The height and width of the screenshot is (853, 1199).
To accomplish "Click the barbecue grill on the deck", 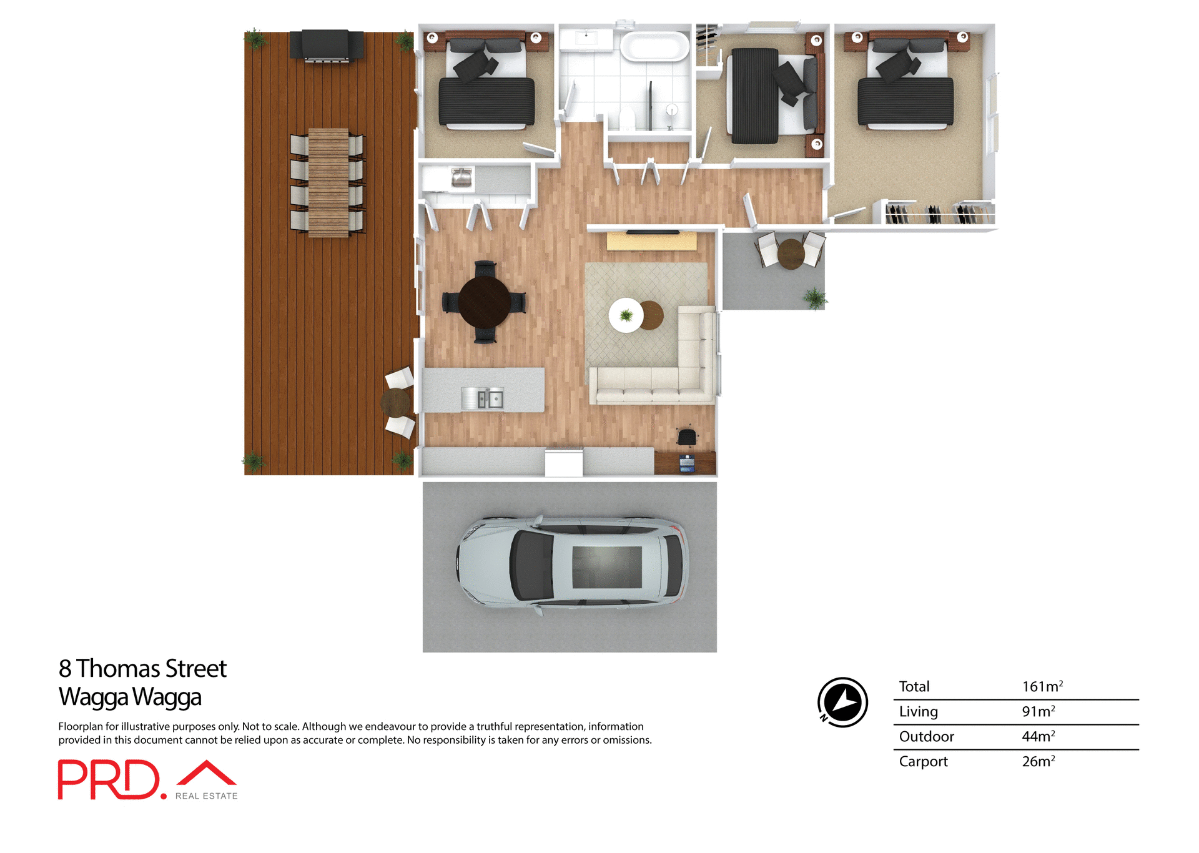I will click(326, 46).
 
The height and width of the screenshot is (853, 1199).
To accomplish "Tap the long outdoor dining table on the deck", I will click(328, 182).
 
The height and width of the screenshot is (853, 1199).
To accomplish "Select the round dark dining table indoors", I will click(485, 302).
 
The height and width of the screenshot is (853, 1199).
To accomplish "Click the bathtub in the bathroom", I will click(654, 47).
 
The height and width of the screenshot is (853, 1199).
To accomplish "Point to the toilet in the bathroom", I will click(627, 119).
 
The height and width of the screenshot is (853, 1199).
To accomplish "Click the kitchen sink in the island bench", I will click(483, 398).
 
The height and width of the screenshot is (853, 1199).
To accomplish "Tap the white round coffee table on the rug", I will click(626, 315).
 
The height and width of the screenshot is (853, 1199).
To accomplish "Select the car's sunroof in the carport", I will click(607, 567).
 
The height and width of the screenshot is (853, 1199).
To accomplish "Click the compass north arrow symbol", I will click(842, 702).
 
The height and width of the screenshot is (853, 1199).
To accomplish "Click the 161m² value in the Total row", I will click(1042, 686).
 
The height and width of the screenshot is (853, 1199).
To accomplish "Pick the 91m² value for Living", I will click(1038, 711).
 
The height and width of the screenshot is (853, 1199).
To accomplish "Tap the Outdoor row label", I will click(926, 736).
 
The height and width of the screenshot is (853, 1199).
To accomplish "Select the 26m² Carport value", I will click(1038, 761).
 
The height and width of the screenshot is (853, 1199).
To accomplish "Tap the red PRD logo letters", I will click(109, 779).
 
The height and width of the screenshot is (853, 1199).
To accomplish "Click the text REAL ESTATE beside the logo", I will click(206, 796).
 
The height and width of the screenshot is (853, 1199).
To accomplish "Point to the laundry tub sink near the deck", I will click(461, 178).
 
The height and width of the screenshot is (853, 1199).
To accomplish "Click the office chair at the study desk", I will click(686, 437).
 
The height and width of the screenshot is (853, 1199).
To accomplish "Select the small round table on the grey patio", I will click(791, 254).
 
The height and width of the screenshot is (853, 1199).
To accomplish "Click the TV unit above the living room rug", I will click(651, 240).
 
